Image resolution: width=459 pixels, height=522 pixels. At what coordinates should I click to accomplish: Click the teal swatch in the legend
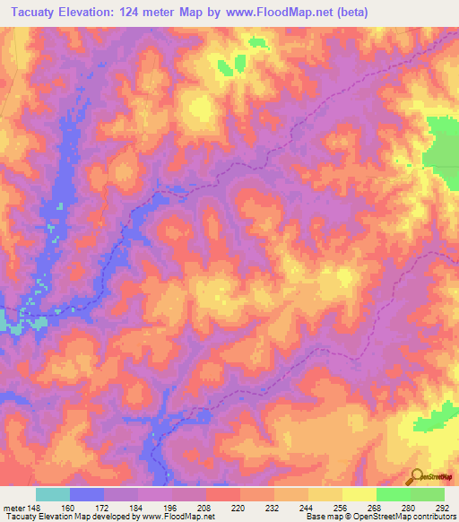coord(53,494)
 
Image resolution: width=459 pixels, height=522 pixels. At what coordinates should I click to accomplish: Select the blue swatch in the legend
coord(87,494)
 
